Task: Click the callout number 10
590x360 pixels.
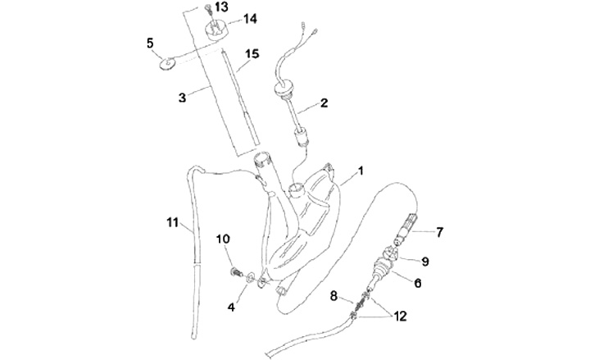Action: tap(223, 239)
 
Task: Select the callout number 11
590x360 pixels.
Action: tap(171, 221)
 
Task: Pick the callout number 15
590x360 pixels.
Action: tap(252, 54)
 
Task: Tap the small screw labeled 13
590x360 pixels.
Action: tap(209, 11)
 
